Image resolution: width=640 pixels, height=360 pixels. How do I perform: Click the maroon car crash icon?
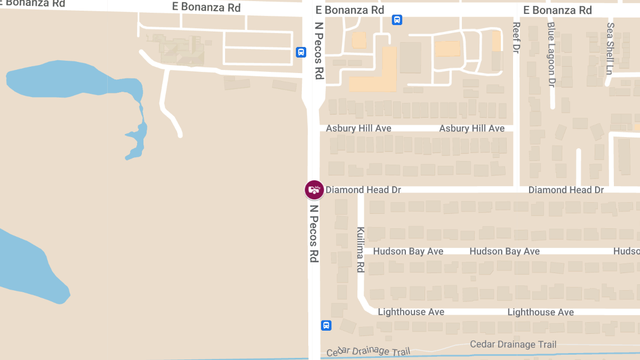click(314, 189)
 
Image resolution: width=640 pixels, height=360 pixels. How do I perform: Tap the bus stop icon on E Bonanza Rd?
click(397, 20)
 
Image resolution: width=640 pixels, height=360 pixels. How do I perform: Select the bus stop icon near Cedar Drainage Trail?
click(326, 325)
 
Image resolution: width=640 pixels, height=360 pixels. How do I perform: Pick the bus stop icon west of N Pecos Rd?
click(301, 52)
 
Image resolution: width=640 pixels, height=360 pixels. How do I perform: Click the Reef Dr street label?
click(516, 37)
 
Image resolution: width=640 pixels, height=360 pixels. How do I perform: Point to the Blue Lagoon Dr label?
click(551, 54)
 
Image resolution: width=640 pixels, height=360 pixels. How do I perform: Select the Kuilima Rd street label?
click(361, 250)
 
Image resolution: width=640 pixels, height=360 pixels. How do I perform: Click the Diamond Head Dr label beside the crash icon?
click(363, 190)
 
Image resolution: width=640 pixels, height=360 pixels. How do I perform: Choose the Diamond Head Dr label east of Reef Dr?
click(566, 190)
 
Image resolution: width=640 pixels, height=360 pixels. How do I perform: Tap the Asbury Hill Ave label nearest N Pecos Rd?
click(358, 129)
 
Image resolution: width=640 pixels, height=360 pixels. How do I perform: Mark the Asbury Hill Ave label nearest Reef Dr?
click(471, 129)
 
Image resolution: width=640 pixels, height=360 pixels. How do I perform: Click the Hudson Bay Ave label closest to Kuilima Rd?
click(408, 251)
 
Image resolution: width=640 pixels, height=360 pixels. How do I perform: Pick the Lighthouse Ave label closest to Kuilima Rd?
click(411, 312)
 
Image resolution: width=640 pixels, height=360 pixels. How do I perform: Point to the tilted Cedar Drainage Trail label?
click(368, 351)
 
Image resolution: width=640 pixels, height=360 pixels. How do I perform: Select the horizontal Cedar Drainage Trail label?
click(513, 345)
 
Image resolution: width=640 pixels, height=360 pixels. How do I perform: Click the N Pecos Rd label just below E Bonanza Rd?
click(319, 51)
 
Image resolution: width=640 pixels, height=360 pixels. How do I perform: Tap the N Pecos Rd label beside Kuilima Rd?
click(314, 234)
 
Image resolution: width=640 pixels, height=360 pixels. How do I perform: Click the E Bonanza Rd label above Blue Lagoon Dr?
click(557, 10)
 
